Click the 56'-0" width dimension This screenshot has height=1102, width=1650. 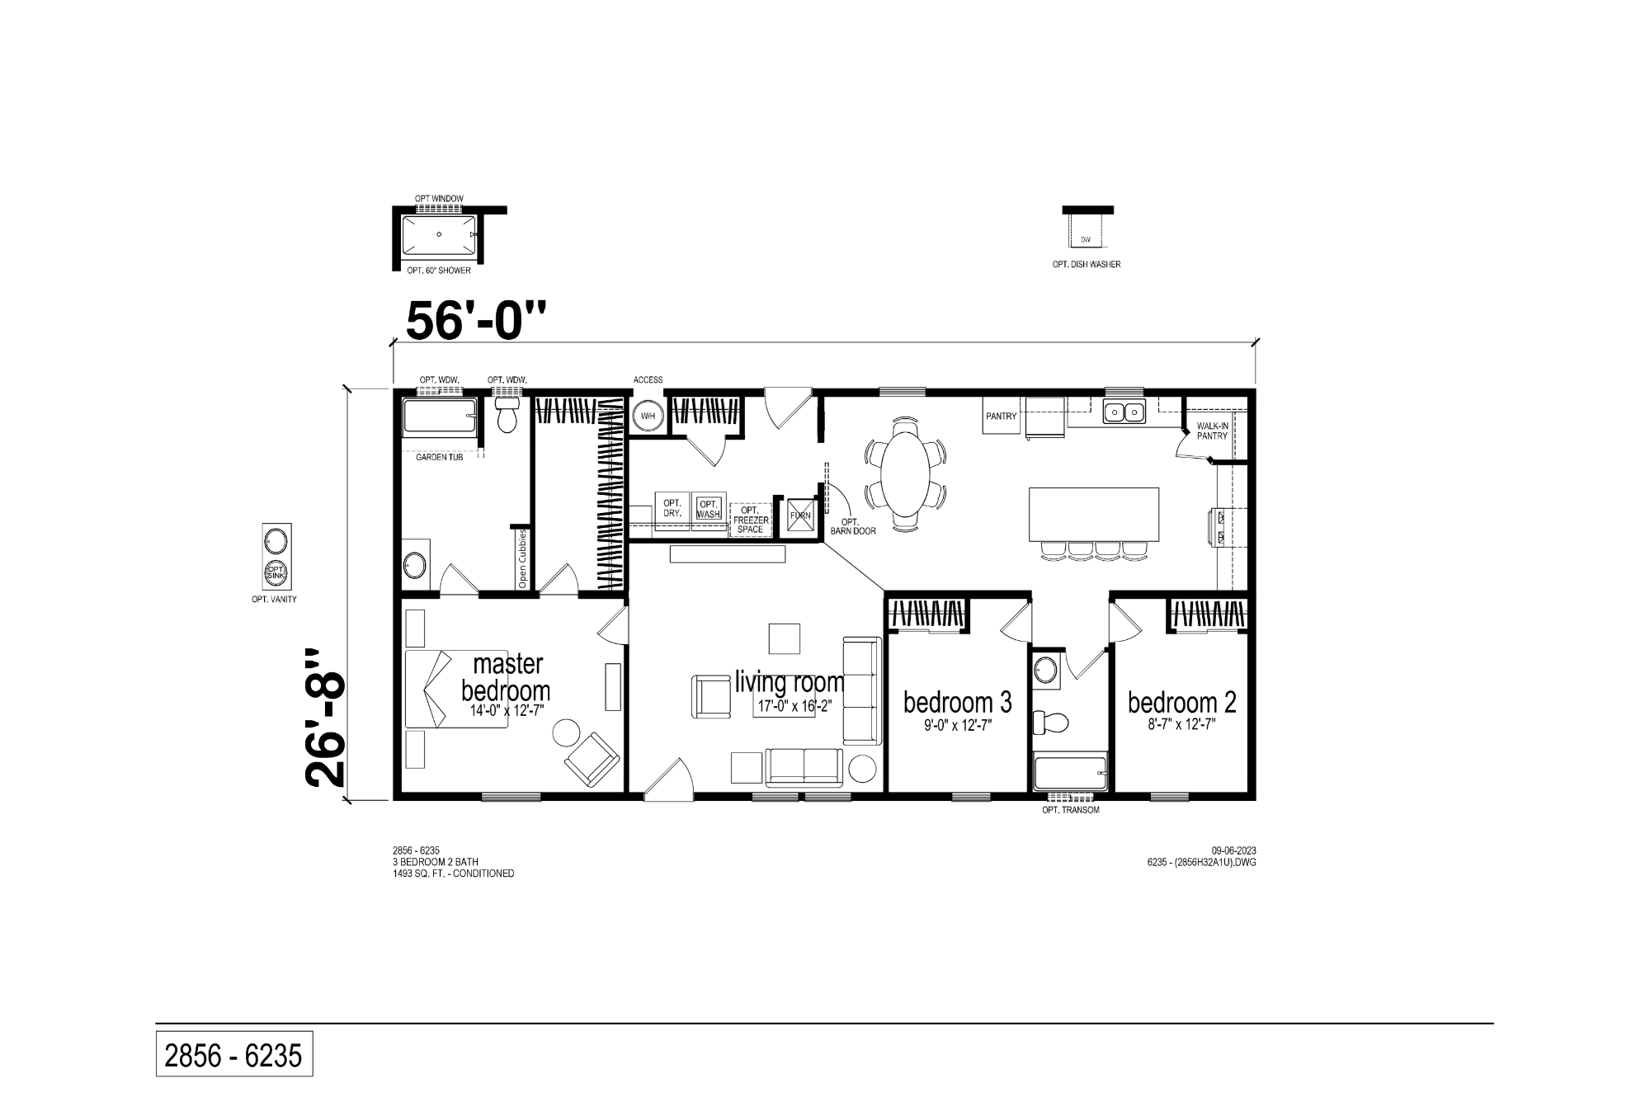tap(477, 320)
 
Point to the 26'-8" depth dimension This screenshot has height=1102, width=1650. tap(325, 718)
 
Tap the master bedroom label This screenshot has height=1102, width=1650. tap(506, 676)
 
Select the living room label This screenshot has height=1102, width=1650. tap(790, 682)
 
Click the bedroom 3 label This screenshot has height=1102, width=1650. tap(957, 702)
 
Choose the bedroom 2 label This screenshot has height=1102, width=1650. tap(1181, 702)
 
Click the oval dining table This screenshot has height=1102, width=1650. tap(905, 474)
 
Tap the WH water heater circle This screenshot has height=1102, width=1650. tap(648, 416)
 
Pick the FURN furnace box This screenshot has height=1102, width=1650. tap(800, 516)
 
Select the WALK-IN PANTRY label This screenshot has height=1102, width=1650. tap(1212, 431)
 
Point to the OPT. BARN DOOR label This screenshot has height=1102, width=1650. tap(853, 526)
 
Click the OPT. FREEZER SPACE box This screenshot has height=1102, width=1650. tap(750, 520)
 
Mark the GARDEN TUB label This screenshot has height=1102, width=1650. tap(439, 457)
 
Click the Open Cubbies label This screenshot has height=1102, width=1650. tap(522, 558)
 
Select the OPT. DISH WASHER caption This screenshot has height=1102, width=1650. tap(1086, 265)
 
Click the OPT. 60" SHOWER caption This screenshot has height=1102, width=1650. tap(439, 271)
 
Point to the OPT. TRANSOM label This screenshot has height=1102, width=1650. tap(1071, 810)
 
